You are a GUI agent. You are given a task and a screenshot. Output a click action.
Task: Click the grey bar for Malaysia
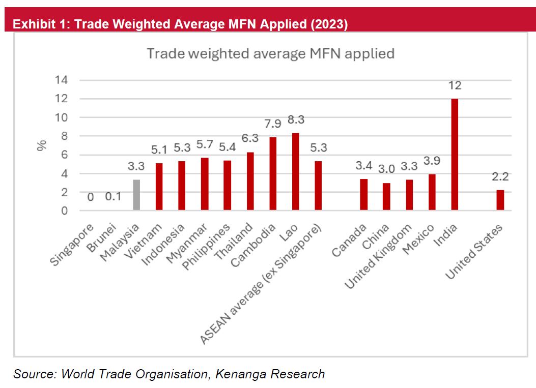click(x=136, y=195)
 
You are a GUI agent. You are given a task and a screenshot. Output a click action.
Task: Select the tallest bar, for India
click(x=455, y=155)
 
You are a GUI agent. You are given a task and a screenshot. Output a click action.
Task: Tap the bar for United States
click(x=500, y=200)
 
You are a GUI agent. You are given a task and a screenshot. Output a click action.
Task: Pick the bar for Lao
click(x=295, y=172)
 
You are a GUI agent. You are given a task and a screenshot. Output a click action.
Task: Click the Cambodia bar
click(x=273, y=174)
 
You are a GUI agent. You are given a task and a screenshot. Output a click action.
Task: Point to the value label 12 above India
click(x=455, y=85)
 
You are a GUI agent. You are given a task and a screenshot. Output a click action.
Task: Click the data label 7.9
click(x=273, y=124)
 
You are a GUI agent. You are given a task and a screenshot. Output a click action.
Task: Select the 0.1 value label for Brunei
click(x=114, y=197)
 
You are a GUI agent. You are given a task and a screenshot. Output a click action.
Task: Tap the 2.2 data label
click(x=500, y=177)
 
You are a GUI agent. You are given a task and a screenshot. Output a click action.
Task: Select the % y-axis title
click(x=42, y=145)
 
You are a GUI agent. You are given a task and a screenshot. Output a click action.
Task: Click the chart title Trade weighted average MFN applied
click(x=270, y=53)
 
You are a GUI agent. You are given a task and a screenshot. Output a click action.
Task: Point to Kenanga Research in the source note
click(x=270, y=374)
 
